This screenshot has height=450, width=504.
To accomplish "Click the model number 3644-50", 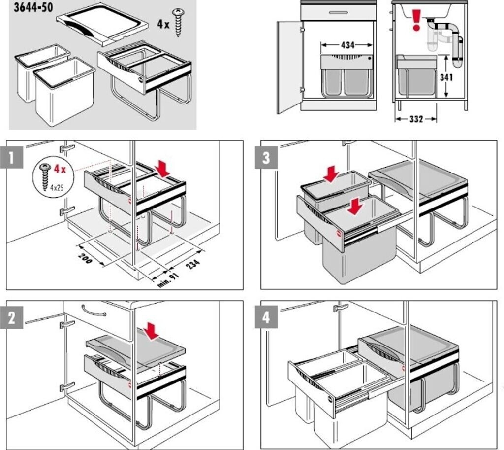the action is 33,7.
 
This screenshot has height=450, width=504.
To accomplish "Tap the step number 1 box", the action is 12,157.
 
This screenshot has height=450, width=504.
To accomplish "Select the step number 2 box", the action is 12,318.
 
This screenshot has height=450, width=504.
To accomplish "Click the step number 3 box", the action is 266,157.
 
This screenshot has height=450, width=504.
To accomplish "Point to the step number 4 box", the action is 266,318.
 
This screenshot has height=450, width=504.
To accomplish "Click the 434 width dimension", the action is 347,45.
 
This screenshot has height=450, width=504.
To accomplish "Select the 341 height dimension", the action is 446,77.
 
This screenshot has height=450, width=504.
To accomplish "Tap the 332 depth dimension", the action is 416,119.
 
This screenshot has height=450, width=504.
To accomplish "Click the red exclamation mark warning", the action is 416,20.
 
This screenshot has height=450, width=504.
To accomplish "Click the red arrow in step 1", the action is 162,169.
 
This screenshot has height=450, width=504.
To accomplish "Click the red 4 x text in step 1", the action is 60,169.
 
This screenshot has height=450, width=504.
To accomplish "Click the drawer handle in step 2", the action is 94,311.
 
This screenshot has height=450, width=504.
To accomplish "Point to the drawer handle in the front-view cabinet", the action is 338,12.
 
